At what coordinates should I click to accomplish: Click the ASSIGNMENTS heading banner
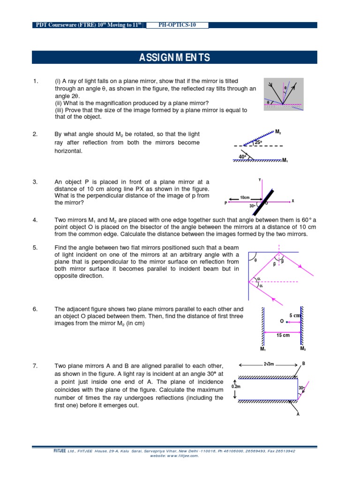click(174, 58)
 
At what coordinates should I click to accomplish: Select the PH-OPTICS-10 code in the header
click(177, 25)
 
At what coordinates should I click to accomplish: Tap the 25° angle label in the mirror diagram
click(258, 142)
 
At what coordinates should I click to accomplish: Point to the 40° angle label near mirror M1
click(242, 157)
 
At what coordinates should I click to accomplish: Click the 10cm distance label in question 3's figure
click(245, 198)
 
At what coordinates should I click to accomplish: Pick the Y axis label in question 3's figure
click(260, 180)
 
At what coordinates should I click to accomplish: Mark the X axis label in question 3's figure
click(292, 201)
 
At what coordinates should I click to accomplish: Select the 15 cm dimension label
click(283, 336)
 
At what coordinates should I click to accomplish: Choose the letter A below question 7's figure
click(298, 414)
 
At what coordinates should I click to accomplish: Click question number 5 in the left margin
click(35, 247)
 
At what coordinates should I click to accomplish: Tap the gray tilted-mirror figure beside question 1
click(284, 94)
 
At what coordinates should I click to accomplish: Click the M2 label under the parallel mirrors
click(303, 349)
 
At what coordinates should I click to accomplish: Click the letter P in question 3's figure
click(225, 203)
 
